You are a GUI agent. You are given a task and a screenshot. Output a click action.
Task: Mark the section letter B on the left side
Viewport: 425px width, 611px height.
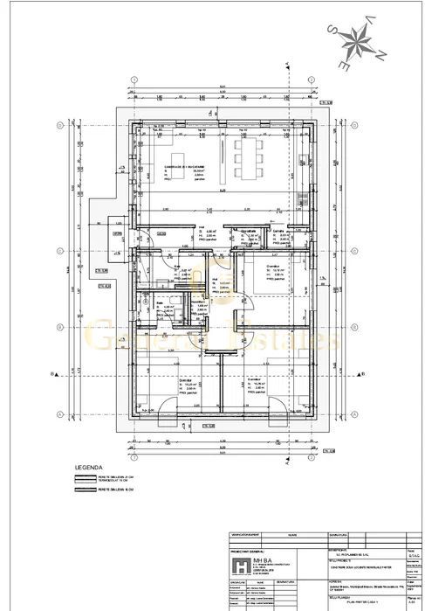(x=55, y=373)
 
